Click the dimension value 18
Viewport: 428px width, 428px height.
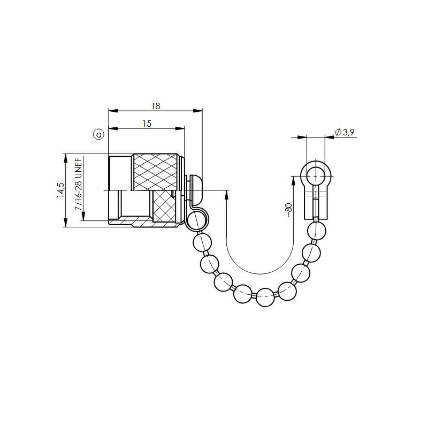[156, 106]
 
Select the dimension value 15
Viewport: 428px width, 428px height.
[147, 124]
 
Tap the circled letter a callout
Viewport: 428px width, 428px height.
[99, 134]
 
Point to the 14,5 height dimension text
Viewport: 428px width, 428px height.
[60, 190]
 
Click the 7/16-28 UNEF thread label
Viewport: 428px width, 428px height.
[78, 184]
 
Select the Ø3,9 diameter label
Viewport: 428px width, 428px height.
[345, 132]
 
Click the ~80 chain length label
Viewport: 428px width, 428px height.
[289, 210]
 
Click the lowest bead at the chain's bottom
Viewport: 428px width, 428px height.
[265, 297]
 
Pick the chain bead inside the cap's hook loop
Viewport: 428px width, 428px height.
[196, 221]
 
